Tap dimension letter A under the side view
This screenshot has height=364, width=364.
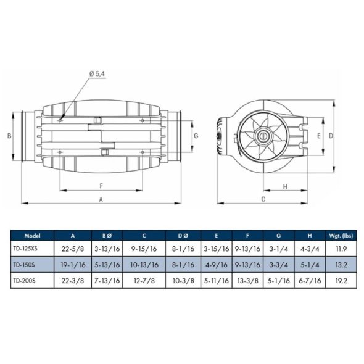101,199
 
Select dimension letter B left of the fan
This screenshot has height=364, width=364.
10,135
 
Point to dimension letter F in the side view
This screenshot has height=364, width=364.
101,185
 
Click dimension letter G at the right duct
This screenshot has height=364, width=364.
195,135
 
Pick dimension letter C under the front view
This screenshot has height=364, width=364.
263,199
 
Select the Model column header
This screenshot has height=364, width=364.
32,236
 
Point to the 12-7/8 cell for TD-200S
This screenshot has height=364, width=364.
144,279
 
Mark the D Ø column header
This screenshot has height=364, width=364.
183,236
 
